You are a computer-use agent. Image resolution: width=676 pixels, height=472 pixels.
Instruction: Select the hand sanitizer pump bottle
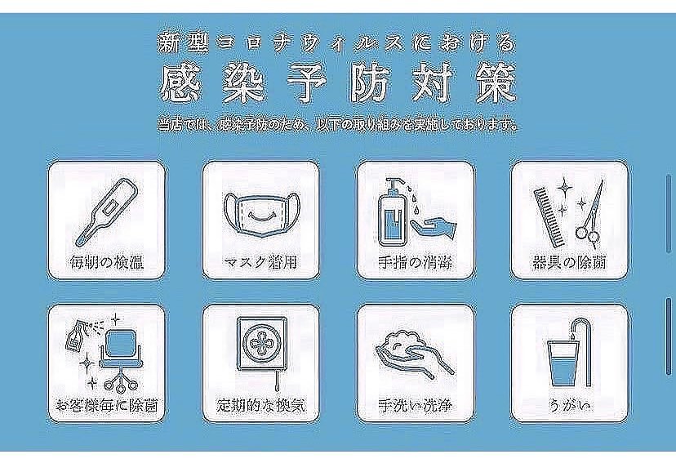[x=393, y=215]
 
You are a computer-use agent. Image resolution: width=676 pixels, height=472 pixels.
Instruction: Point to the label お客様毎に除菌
[x=106, y=405]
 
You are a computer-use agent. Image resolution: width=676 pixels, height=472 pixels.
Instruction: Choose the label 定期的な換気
[x=260, y=405]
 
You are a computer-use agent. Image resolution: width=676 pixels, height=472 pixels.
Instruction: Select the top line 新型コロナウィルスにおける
[x=338, y=42]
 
